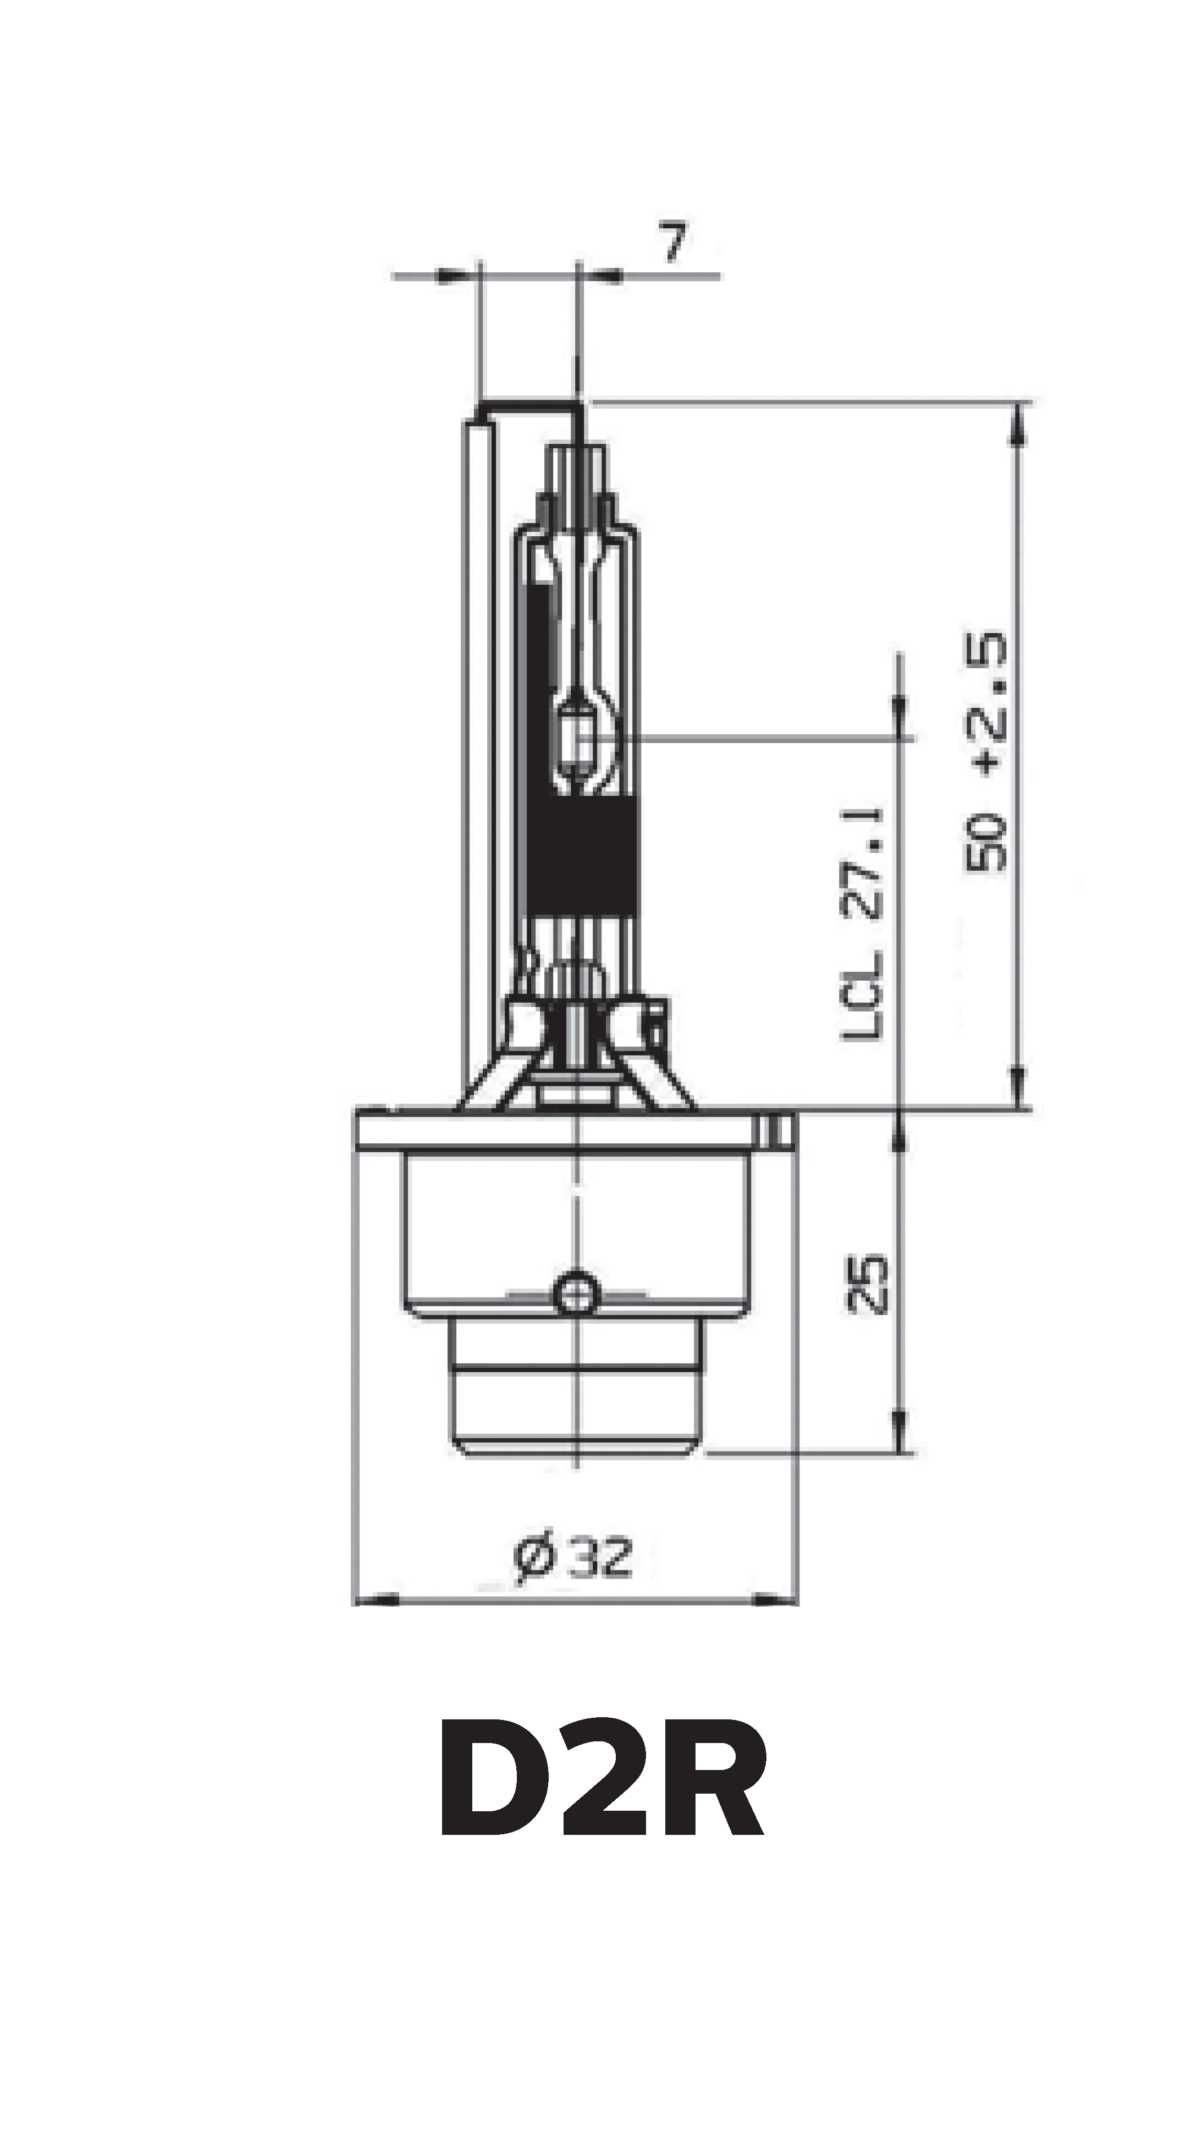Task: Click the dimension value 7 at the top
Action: pyautogui.click(x=675, y=243)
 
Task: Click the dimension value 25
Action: pyautogui.click(x=867, y=1285)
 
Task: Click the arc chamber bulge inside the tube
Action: pyautogui.click(x=584, y=737)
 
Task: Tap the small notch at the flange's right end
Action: pyautogui.click(x=775, y=1129)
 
